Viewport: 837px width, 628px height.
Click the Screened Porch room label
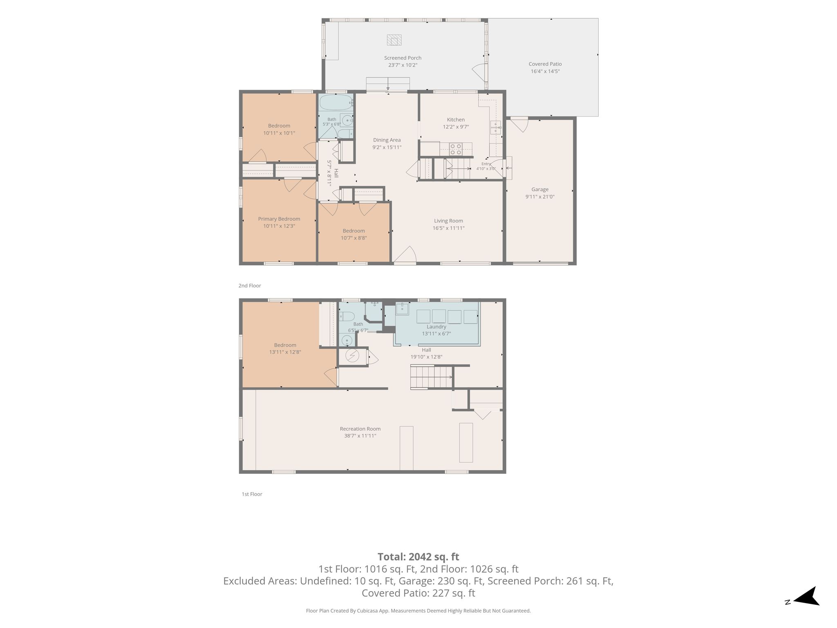coord(403,58)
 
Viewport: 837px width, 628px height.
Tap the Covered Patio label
coord(545,64)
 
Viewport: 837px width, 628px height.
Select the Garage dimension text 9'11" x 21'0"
coord(540,197)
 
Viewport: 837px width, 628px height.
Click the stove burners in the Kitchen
coord(456,149)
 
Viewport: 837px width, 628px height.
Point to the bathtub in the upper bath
coord(336,102)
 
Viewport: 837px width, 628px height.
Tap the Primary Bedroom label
coord(279,219)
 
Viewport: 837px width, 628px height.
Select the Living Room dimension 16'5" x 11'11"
coord(449,228)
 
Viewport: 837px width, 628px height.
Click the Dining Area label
coord(387,140)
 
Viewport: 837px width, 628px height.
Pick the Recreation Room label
coord(360,429)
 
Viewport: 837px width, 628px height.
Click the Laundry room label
coord(436,327)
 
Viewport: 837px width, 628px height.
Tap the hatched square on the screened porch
coord(394,40)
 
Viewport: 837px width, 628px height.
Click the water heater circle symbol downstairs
coord(352,356)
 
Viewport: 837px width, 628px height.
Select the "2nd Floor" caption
coord(250,286)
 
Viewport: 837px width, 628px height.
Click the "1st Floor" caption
coord(252,494)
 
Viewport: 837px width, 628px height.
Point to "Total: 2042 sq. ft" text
coord(418,557)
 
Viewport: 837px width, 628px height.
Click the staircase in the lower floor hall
coord(432,377)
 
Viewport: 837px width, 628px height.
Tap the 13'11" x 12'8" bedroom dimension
coord(285,352)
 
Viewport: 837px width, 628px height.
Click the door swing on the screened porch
coord(479,72)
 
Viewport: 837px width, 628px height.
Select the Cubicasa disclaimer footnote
coord(418,611)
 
